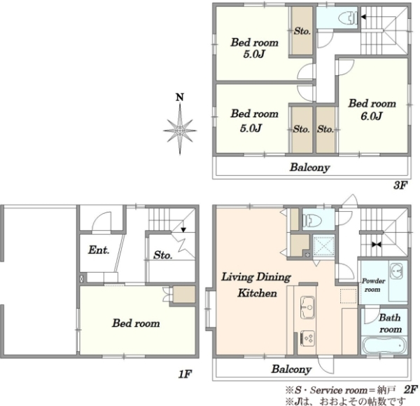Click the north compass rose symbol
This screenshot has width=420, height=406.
(x=180, y=130)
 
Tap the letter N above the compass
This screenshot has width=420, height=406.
(x=180, y=97)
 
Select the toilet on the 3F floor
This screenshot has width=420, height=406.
(x=348, y=18)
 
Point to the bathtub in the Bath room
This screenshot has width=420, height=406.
(x=384, y=346)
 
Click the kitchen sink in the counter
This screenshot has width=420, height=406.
(x=307, y=308)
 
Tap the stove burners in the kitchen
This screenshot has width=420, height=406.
(x=307, y=339)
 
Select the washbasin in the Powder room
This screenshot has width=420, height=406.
(x=396, y=271)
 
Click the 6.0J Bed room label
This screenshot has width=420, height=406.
(x=372, y=110)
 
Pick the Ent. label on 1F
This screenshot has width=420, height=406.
(x=99, y=250)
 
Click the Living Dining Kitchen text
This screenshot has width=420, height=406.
(x=256, y=285)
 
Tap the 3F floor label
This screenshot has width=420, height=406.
(x=400, y=185)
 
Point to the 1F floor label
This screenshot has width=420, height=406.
(x=185, y=374)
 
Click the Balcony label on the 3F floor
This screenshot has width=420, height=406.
(x=309, y=168)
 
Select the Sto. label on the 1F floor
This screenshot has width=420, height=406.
(x=163, y=255)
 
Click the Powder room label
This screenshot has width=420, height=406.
(x=373, y=285)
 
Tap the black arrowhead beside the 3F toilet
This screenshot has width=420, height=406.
(x=363, y=17)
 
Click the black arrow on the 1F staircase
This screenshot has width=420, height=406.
(x=183, y=230)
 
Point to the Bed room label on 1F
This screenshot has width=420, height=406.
(x=136, y=323)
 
